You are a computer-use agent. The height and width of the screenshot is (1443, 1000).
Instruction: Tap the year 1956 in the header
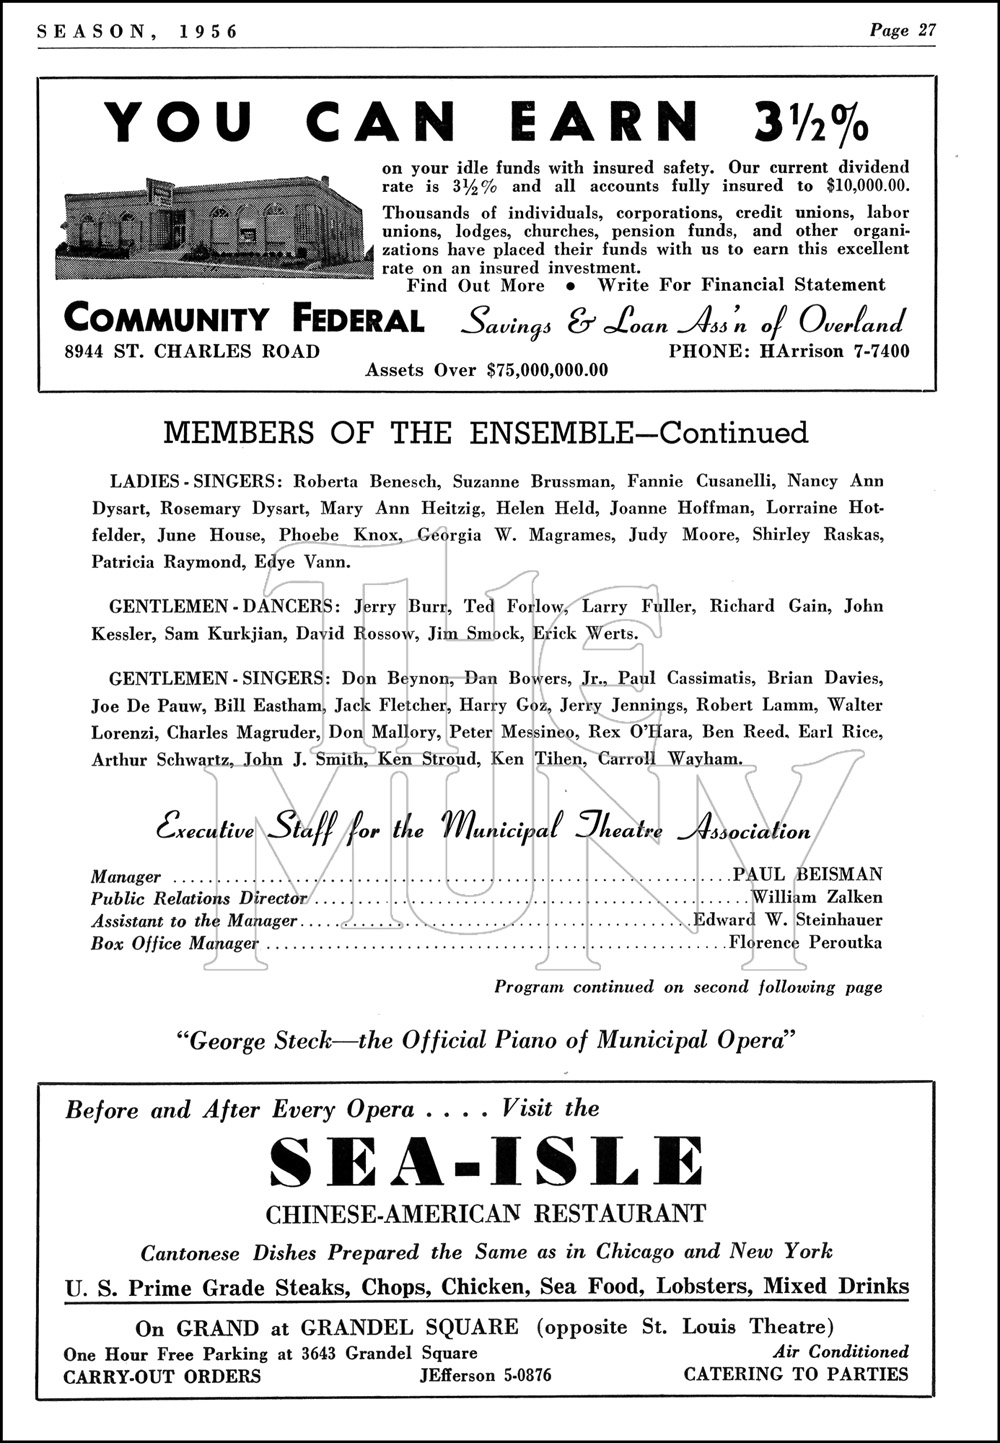(x=211, y=31)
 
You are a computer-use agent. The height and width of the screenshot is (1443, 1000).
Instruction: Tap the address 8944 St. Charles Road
(x=192, y=351)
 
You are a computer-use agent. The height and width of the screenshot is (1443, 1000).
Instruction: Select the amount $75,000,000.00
(x=547, y=370)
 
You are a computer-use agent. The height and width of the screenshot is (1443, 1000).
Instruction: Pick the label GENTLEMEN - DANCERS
(x=219, y=606)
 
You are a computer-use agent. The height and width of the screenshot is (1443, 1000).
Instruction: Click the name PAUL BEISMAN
(x=808, y=876)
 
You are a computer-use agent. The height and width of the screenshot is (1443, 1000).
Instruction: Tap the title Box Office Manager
(x=175, y=943)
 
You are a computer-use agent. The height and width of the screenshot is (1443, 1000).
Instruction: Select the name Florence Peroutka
(x=806, y=942)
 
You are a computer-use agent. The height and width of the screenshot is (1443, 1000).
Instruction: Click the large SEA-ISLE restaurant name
(x=486, y=1162)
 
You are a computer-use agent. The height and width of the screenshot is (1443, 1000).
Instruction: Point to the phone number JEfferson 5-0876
(x=485, y=1375)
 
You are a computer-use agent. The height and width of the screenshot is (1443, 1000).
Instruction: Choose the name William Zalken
(x=817, y=898)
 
